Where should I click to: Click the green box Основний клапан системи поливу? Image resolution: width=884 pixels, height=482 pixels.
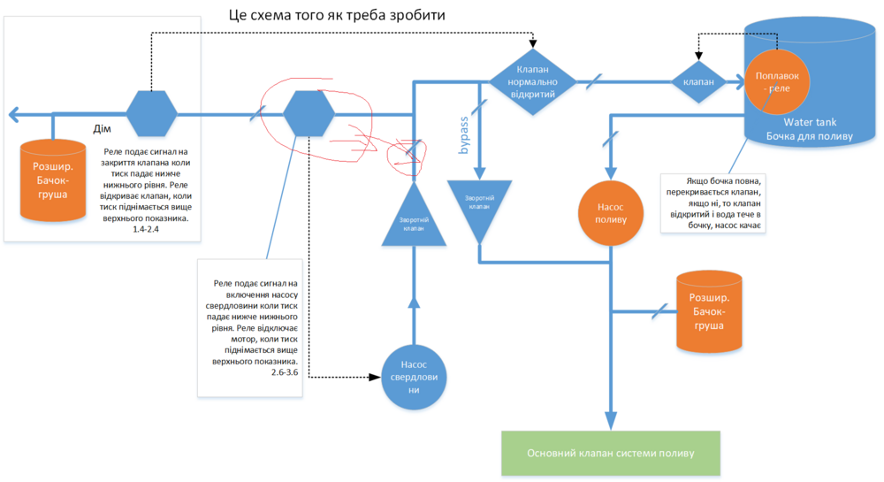click(611, 453)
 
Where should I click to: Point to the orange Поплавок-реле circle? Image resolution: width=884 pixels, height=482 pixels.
click(777, 81)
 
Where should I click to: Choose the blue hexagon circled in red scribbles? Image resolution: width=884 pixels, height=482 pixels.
click(309, 114)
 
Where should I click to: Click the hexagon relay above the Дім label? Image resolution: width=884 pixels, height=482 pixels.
click(151, 114)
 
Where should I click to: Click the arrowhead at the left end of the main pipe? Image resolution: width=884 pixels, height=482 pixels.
click(12, 114)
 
